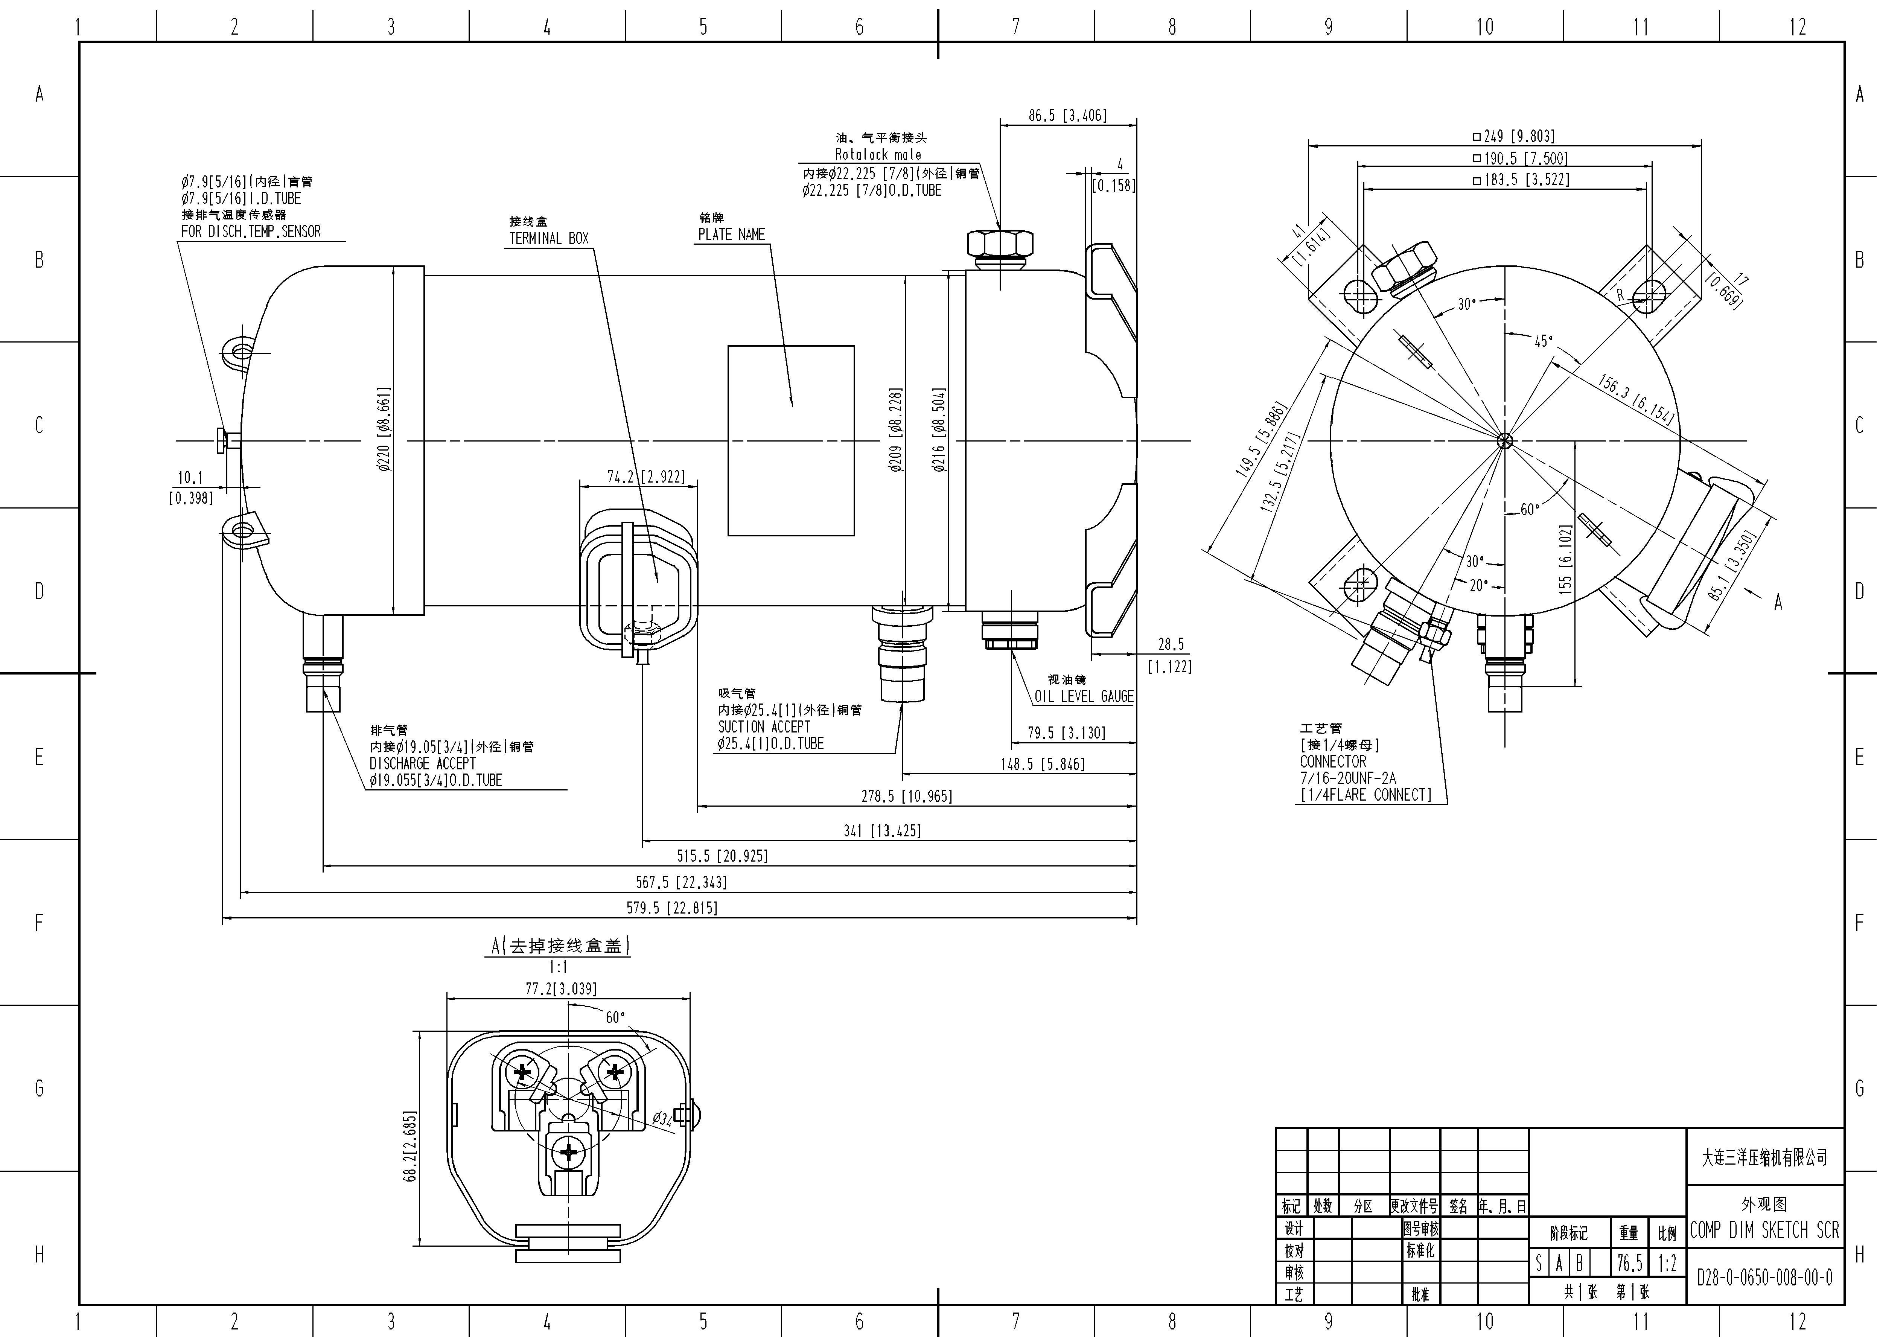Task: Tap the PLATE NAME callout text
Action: click(731, 235)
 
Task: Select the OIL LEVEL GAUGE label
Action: click(1083, 696)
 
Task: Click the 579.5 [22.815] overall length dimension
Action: click(672, 908)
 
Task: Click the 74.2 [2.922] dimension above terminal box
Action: click(645, 477)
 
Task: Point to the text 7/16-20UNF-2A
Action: click(1348, 778)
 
